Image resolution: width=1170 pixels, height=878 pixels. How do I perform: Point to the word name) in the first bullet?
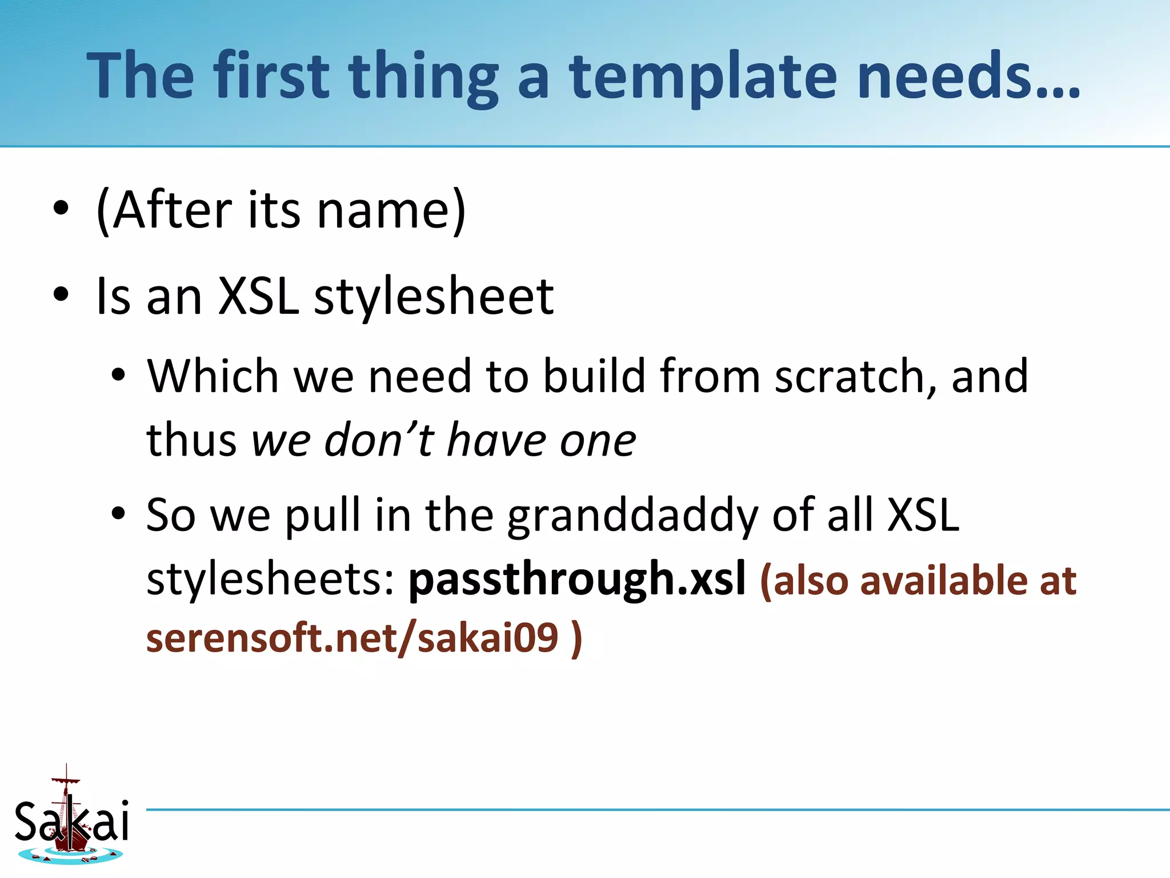[392, 210]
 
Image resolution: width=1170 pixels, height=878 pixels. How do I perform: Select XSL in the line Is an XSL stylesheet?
[259, 296]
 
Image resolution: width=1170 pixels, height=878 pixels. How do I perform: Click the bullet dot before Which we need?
[118, 376]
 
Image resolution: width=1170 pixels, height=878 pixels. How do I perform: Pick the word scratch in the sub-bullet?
[849, 376]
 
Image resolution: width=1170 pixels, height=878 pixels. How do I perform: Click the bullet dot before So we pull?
[118, 514]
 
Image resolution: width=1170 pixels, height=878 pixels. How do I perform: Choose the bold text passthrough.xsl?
[577, 578]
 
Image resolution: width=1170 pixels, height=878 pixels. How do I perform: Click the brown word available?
[944, 580]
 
